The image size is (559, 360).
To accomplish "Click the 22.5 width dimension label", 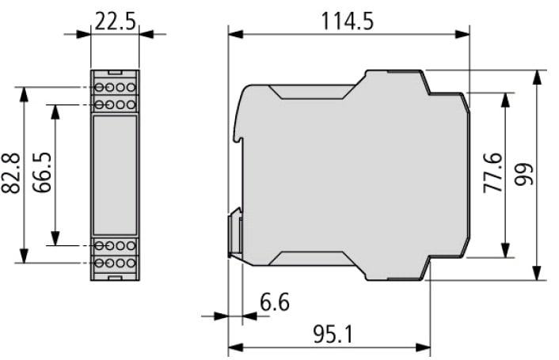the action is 115,21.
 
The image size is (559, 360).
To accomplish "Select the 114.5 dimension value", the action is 348,21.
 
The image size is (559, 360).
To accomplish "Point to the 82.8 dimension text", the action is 11,174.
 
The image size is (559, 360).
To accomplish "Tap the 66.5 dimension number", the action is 42,172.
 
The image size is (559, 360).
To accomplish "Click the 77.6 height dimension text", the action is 492,172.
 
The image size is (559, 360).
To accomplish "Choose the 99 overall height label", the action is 523,174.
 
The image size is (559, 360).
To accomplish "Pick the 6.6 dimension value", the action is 275,302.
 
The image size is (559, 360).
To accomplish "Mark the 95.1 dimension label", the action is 333,335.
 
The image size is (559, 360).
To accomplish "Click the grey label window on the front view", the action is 115,175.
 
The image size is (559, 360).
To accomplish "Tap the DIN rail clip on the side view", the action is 235,233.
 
